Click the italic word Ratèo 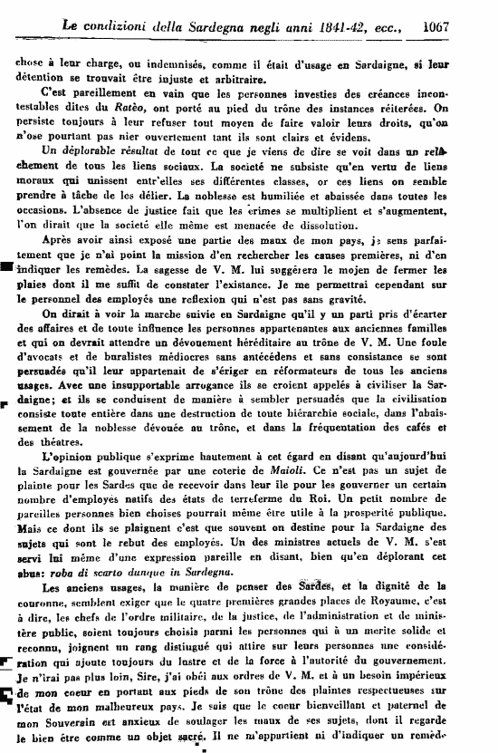pos(153,108)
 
